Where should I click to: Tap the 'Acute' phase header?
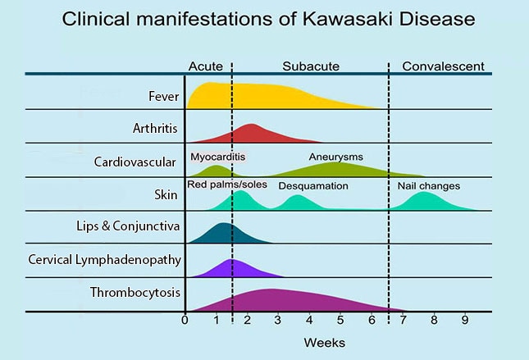(205, 66)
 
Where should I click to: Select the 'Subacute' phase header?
(311, 66)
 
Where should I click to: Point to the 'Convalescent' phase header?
(443, 66)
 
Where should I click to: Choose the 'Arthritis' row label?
(155, 128)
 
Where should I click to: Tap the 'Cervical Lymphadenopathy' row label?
(104, 260)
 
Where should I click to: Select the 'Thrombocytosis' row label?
(135, 292)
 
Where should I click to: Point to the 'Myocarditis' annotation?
(217, 156)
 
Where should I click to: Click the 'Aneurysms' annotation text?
(335, 156)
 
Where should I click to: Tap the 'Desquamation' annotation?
(313, 186)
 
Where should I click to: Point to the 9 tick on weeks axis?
(464, 320)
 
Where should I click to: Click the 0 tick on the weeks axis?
(185, 320)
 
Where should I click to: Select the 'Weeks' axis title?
(325, 342)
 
